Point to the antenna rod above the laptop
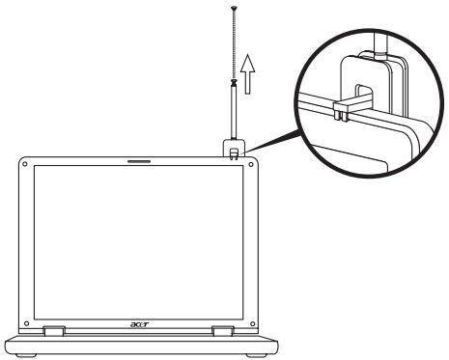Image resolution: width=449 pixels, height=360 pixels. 233,115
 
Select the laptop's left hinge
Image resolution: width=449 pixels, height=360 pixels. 53,331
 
